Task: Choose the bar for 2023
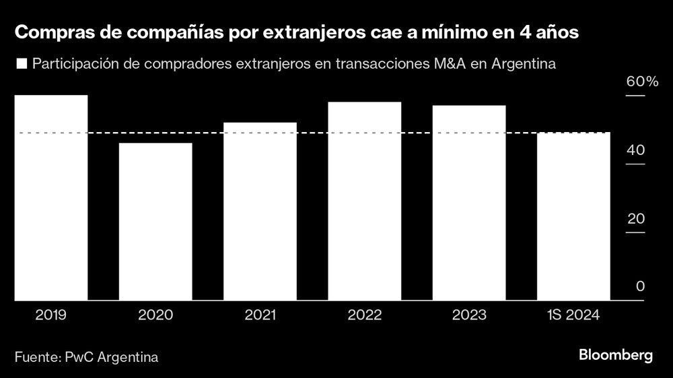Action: (468, 203)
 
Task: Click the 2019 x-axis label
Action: (51, 315)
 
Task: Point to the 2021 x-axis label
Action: (260, 315)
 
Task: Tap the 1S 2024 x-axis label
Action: (573, 315)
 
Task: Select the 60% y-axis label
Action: (641, 82)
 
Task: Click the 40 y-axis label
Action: (636, 151)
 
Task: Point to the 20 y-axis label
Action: (636, 219)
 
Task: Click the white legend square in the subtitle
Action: (22, 65)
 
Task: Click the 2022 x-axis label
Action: (364, 315)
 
